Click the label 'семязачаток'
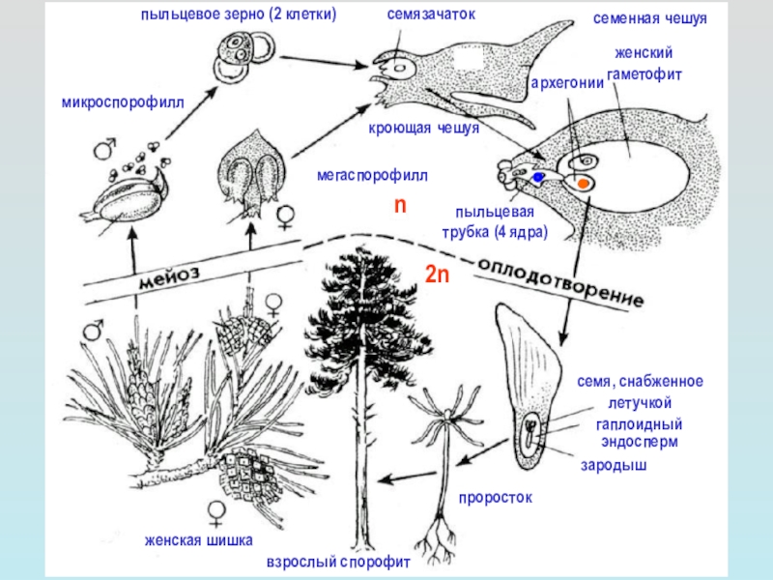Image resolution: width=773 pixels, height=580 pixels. [431, 14]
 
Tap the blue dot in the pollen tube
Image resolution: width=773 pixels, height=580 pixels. [537, 177]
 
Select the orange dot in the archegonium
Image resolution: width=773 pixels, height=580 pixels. [584, 184]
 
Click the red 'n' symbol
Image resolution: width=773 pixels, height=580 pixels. [400, 205]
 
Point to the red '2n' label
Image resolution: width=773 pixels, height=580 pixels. [438, 274]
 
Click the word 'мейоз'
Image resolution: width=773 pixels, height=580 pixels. [169, 277]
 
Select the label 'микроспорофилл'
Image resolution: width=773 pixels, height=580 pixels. [123, 103]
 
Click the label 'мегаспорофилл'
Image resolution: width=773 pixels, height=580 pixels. [372, 175]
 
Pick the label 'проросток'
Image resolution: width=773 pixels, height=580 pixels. [496, 498]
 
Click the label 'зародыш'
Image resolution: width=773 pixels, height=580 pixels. [614, 466]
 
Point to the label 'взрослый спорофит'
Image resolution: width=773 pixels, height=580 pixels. [338, 563]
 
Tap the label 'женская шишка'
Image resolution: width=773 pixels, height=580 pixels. [198, 540]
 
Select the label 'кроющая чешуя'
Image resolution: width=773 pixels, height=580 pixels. [424, 129]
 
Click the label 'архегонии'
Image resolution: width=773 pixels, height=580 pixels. [567, 83]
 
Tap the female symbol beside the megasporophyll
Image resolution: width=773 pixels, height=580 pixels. [286, 217]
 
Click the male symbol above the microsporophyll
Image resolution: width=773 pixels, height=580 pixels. [104, 148]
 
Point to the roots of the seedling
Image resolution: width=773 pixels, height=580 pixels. [437, 540]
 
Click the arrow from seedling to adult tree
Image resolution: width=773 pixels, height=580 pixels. [409, 477]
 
